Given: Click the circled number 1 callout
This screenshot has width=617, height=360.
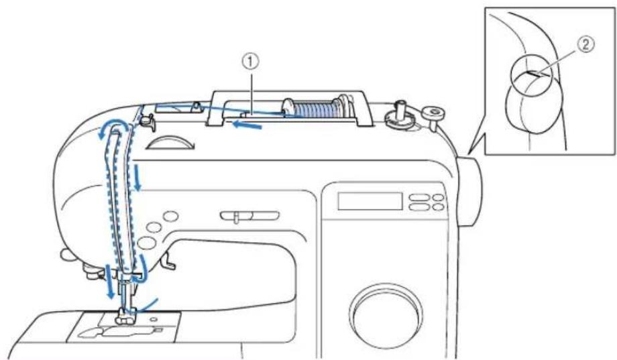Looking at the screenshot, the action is coord(252,62).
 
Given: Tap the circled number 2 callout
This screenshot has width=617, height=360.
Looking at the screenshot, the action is coord(585,45).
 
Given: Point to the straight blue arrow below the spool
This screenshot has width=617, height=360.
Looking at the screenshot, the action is coord(247,125).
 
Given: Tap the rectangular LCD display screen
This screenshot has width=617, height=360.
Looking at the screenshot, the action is coord(370,201).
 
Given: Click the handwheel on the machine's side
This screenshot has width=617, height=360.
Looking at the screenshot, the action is coord(470,191).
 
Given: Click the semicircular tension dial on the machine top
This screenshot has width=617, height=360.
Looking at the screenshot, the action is coord(170,142).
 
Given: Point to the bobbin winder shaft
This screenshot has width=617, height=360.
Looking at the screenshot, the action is coord(400,111).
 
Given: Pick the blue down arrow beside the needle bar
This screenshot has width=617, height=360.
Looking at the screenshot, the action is coord(111,282).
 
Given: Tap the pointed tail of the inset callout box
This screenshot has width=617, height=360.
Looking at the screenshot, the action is coord(469,152).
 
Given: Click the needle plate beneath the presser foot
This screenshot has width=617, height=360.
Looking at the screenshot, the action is coord(124,326).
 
